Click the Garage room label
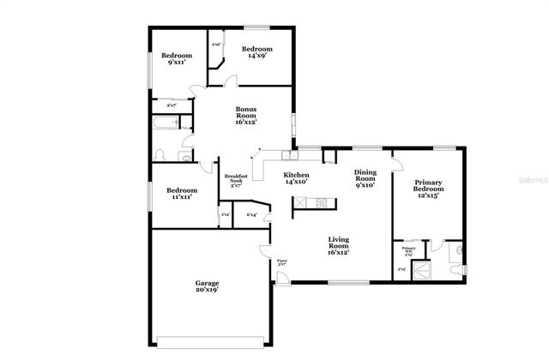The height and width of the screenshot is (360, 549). click(206, 286)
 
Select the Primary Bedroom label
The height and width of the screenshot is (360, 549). click(427, 189)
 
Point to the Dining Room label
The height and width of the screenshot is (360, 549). click(365, 178)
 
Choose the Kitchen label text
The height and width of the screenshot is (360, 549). click(296, 178)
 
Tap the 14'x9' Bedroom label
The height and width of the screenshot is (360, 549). click(256, 52)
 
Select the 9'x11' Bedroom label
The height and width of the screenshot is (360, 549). click(178, 59)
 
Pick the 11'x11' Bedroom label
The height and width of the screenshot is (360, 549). click(182, 193)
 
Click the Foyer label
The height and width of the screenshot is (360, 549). click(281, 261)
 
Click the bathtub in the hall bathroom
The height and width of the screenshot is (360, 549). click(165, 124)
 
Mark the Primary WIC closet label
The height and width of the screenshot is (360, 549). click(408, 252)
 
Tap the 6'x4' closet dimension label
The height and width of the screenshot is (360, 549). click(252, 214)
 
